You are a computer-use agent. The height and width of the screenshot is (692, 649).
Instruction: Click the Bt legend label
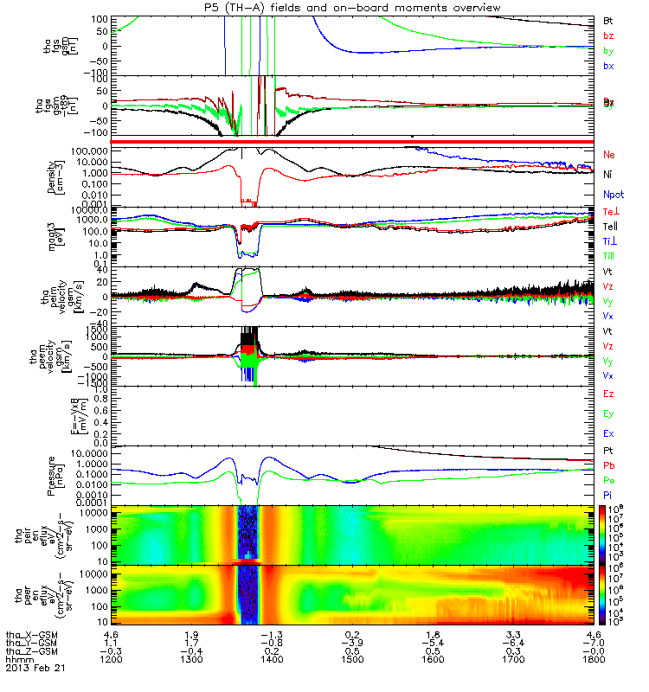(607, 19)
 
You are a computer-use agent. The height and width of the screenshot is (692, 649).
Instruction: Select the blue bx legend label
(607, 67)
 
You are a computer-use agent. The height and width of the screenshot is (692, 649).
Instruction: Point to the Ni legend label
(607, 175)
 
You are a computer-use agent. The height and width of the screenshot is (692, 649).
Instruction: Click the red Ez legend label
(608, 394)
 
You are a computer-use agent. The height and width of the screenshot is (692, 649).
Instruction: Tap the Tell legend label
(609, 227)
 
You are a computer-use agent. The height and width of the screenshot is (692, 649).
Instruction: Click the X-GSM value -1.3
(272, 633)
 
